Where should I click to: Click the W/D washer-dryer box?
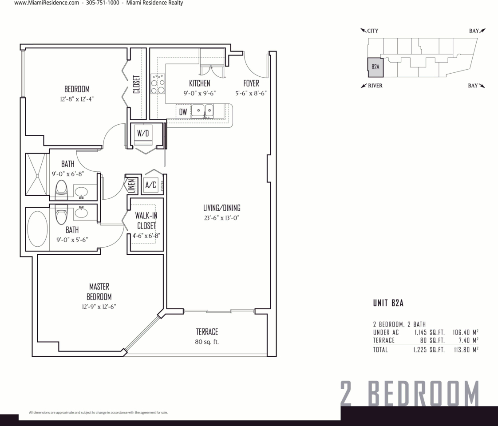coord(142,133)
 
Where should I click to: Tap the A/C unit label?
coord(150,185)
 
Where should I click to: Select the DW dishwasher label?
coord(183,112)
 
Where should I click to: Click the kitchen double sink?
coord(202,111)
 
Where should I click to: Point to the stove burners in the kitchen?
coord(158,84)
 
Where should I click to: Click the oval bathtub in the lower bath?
coord(37,229)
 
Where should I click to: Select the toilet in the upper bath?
coord(61,190)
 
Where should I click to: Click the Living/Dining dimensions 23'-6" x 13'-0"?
coord(221,218)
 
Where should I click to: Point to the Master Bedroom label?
coord(99,292)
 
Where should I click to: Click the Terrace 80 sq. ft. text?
coord(207,337)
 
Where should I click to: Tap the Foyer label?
coord(251,83)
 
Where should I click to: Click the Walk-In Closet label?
coord(146,221)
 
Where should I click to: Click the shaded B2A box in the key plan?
coord(375,67)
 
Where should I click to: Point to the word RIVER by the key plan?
coord(375,86)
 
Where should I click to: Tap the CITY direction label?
coord(373,31)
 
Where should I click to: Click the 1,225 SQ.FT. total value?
coord(429,350)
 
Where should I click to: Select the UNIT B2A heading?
coord(388,303)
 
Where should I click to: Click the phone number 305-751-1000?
coord(103,3)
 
